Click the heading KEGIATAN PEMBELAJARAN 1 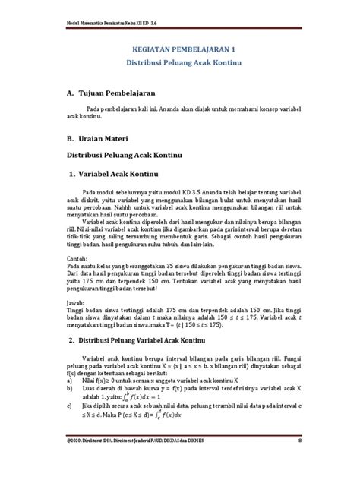coord(179,45)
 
